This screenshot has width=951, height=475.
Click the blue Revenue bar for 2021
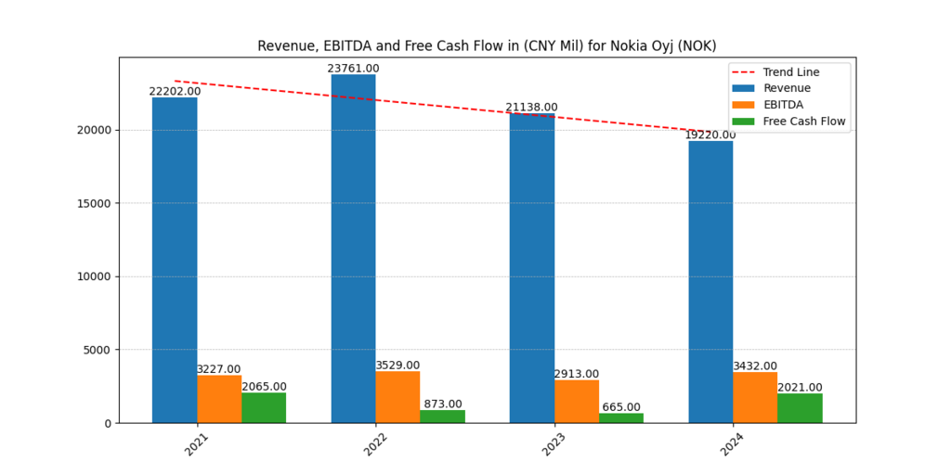(x=175, y=260)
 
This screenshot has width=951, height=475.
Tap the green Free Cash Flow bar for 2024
(x=800, y=408)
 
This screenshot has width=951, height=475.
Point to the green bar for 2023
(x=621, y=417)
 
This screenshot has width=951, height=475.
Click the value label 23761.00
(x=353, y=69)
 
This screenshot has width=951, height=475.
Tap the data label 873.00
(x=442, y=404)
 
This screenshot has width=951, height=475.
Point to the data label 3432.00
(x=755, y=366)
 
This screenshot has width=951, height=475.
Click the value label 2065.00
(x=264, y=386)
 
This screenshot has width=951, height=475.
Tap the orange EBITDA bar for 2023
(x=577, y=401)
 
